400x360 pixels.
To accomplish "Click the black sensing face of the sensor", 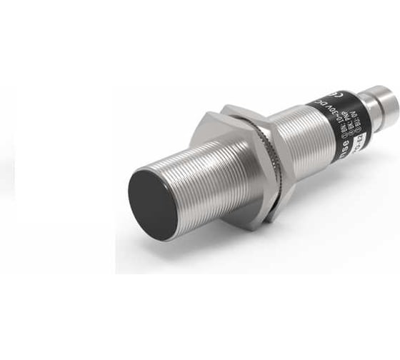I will [x=152, y=204].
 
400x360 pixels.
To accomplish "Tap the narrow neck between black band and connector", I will [x=368, y=114].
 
